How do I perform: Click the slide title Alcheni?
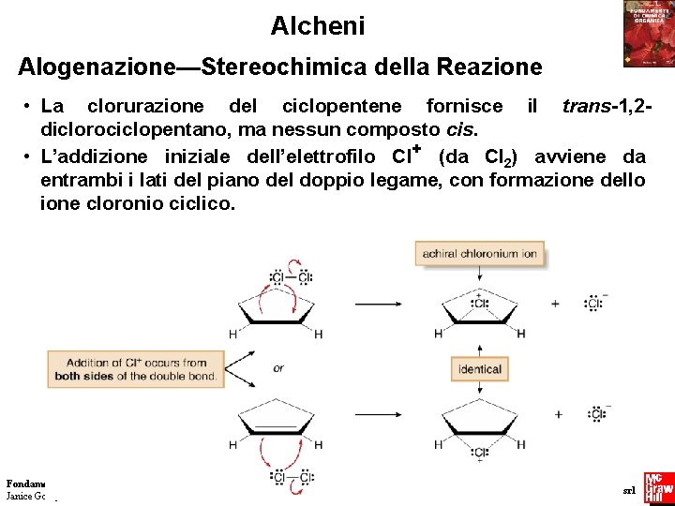317,26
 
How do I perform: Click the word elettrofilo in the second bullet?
322,156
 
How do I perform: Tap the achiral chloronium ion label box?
479,253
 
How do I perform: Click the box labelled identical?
480,369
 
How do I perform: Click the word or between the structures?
278,368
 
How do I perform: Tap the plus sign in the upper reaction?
556,304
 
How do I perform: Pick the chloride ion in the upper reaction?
594,304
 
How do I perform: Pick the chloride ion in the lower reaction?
597,414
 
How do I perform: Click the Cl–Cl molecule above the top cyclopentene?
291,277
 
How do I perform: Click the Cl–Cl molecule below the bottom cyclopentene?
292,477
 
